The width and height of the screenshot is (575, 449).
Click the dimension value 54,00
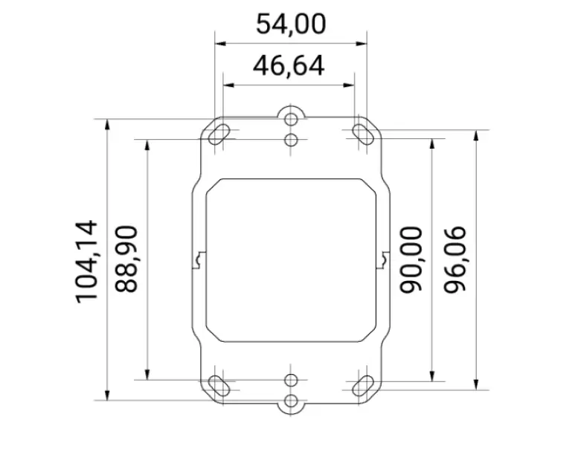point(290,25)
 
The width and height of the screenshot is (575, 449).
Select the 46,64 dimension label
point(289,66)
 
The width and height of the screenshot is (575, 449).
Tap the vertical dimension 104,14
point(87,260)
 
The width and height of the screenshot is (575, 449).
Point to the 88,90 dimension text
point(129,259)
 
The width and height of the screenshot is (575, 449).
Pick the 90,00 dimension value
point(411,259)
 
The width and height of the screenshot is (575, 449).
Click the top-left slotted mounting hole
point(220,135)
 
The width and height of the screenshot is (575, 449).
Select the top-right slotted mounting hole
point(362,135)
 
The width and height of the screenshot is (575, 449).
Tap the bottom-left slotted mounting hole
point(220,384)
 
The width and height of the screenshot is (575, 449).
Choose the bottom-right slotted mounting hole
point(362,384)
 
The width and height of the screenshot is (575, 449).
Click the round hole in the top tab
point(292,120)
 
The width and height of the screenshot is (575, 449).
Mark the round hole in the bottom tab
point(292,402)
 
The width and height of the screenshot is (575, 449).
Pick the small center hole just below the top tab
point(292,139)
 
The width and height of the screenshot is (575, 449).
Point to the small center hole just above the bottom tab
point(292,381)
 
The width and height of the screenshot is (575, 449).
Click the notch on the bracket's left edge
point(198,260)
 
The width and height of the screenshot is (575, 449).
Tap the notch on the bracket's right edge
point(385,260)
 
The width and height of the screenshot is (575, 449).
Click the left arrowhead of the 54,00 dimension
point(220,43)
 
